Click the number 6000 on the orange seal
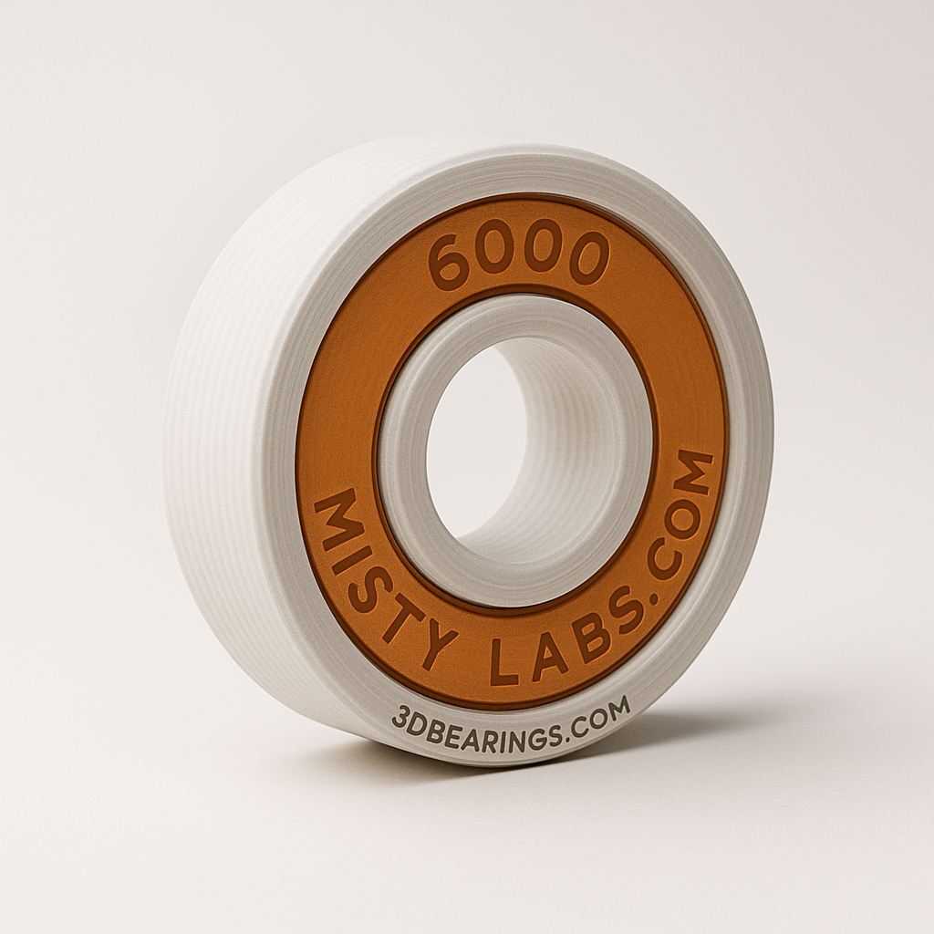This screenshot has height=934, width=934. [517, 258]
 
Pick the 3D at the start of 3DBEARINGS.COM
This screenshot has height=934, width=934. [407, 719]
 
